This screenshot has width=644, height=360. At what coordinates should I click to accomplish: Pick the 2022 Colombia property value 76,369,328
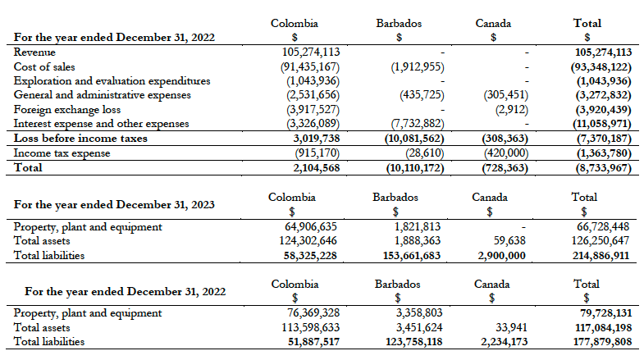[x=305, y=312]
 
